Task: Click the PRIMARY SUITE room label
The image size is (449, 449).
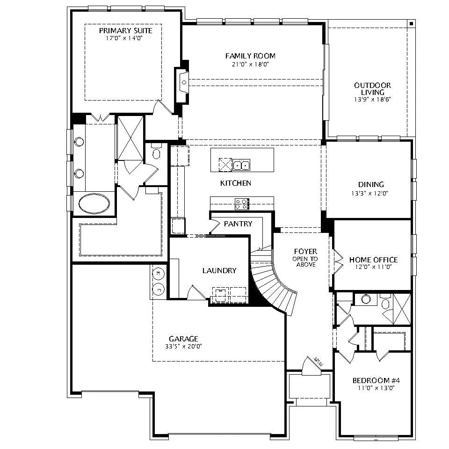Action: tap(125, 31)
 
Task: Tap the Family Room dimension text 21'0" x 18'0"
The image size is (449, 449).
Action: tap(250, 64)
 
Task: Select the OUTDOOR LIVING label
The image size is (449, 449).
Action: tap(373, 89)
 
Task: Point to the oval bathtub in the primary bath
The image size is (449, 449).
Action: tap(94, 203)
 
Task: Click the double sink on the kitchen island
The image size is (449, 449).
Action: tap(241, 165)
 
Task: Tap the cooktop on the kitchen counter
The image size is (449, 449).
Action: tap(242, 204)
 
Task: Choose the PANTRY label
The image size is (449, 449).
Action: tap(238, 224)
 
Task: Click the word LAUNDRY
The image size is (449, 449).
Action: tap(219, 271)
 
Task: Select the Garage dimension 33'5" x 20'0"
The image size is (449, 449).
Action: tap(183, 346)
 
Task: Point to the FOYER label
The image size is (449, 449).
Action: tap(305, 252)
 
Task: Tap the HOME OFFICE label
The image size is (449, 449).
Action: tap(373, 260)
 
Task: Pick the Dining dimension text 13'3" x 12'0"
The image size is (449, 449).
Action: tap(369, 193)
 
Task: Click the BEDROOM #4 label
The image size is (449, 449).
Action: tap(376, 381)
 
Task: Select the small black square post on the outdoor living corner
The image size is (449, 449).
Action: tap(411, 23)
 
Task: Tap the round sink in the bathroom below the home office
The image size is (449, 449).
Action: tap(366, 299)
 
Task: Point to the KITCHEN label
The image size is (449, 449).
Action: tap(235, 183)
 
